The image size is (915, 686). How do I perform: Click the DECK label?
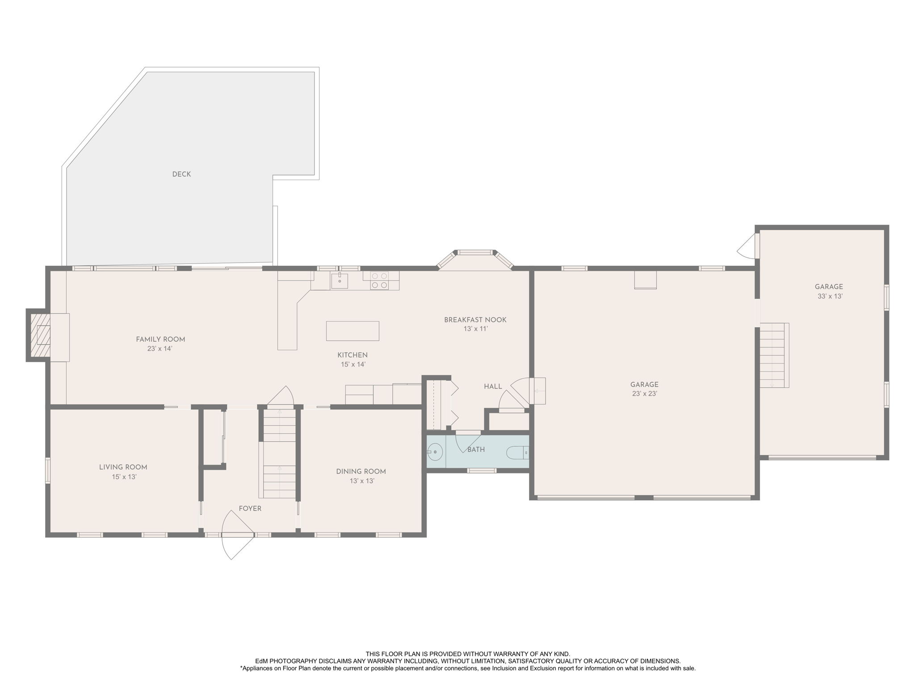click(x=181, y=174)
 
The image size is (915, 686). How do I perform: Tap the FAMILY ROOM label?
click(x=160, y=339)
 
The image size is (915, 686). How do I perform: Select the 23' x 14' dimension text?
click(x=160, y=349)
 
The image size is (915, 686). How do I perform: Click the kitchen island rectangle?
click(x=353, y=331)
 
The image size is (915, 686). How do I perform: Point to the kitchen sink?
click(x=340, y=280)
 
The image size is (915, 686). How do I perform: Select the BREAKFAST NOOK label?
click(x=475, y=320)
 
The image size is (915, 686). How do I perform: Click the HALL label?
click(x=493, y=387)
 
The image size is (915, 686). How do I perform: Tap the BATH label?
click(x=476, y=450)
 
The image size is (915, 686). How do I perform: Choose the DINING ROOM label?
click(x=361, y=472)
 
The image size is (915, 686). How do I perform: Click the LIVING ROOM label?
click(x=123, y=468)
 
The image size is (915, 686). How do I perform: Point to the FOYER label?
click(x=250, y=509)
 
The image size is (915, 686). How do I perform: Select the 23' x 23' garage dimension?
click(x=644, y=394)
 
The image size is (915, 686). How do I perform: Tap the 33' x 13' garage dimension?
click(x=830, y=296)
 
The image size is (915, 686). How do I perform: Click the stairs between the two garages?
click(x=774, y=355)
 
